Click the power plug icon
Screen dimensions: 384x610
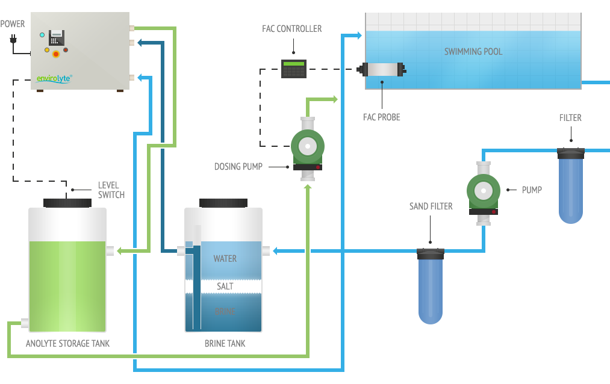[13, 40]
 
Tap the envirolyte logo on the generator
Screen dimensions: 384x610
[54, 78]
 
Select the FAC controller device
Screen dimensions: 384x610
[294, 69]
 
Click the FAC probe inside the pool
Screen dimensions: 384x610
[382, 70]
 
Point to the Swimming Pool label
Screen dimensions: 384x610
[473, 52]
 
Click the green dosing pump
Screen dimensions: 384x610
[308, 147]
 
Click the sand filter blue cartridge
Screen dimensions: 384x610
[431, 286]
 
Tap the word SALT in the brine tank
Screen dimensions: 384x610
[225, 286]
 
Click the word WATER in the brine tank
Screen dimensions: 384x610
[225, 259]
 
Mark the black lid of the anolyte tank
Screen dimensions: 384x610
[67, 203]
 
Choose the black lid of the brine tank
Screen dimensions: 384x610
[223, 203]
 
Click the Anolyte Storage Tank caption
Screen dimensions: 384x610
[67, 344]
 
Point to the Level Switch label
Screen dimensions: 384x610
[111, 190]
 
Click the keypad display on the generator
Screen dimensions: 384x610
[57, 37]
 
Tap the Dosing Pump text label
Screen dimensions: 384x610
[238, 166]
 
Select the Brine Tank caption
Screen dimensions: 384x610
[225, 344]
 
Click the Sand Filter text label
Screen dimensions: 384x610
[431, 206]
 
